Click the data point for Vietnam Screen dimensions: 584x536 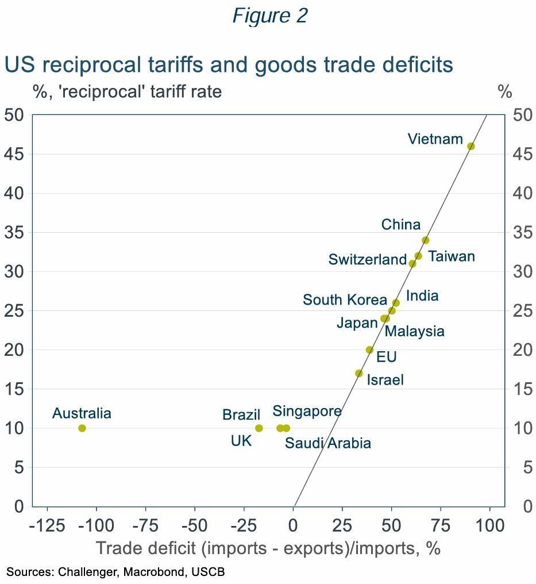(x=471, y=147)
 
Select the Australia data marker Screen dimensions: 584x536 (x=82, y=428)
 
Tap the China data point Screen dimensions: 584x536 (x=425, y=240)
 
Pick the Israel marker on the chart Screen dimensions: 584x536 (x=359, y=374)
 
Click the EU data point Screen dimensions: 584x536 (x=369, y=350)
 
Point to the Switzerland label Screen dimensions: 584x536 (x=367, y=260)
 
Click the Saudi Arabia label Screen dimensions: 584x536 (x=327, y=443)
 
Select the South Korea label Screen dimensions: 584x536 (x=345, y=300)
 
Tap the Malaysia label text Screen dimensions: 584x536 (x=414, y=332)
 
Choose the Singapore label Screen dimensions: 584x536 (x=307, y=412)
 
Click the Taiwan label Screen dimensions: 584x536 (x=452, y=256)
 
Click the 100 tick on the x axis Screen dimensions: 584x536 (x=489, y=525)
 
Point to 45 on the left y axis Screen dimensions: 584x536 (x=14, y=155)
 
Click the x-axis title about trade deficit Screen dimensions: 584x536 (x=268, y=548)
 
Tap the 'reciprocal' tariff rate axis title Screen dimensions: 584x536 (x=127, y=91)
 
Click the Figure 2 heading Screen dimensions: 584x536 (x=269, y=16)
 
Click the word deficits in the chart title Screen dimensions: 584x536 (x=412, y=64)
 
